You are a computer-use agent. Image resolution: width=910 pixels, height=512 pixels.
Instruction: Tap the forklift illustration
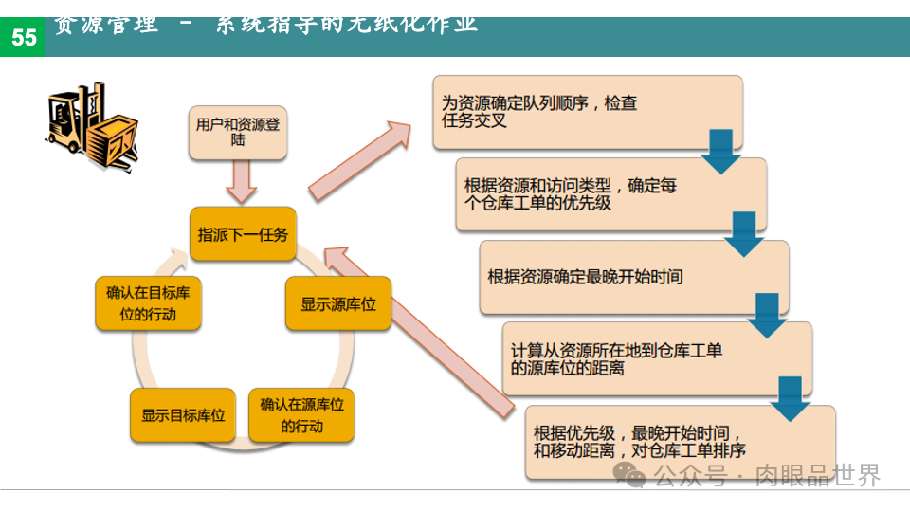coord(92,124)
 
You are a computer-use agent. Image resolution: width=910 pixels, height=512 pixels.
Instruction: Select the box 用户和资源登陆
coord(237,132)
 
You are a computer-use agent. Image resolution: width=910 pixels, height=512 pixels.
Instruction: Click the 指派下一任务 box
coord(243,234)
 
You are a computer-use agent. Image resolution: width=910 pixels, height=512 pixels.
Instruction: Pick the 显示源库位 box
coord(338,304)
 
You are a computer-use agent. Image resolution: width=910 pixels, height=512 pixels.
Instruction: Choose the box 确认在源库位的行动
coord(301,414)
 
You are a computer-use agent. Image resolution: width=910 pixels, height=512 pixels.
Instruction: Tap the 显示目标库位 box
coord(182,415)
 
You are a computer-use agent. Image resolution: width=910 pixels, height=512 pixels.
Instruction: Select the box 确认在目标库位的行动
coord(148,303)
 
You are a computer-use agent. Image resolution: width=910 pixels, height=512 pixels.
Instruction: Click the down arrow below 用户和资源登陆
coord(242,182)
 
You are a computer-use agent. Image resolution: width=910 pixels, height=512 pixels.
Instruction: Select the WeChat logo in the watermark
coord(628,473)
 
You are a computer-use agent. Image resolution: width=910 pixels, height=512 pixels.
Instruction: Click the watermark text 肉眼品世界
coord(817,474)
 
